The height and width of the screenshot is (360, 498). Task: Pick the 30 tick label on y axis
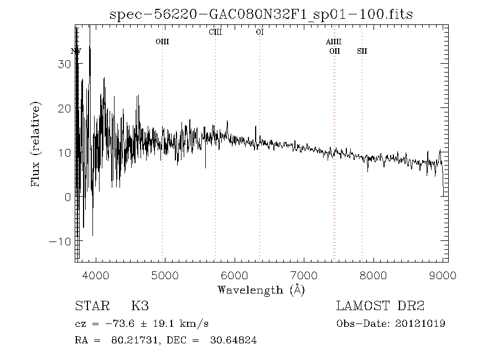point(64,64)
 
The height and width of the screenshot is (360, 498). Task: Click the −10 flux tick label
point(60,241)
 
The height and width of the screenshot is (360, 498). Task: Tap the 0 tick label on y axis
point(67,197)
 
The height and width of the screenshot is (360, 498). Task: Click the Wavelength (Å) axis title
point(261,289)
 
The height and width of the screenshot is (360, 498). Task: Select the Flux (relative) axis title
point(37,144)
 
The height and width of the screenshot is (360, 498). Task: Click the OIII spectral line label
point(162,42)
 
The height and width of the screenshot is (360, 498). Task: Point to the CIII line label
point(215,32)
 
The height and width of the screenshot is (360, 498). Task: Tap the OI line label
point(259,32)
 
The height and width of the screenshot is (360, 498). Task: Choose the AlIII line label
point(334,42)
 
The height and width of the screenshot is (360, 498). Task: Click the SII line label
point(362,51)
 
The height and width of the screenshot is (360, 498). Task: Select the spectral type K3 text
point(140,306)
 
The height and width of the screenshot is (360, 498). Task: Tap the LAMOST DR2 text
point(380,306)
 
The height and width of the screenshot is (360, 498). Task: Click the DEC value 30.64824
point(234,341)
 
